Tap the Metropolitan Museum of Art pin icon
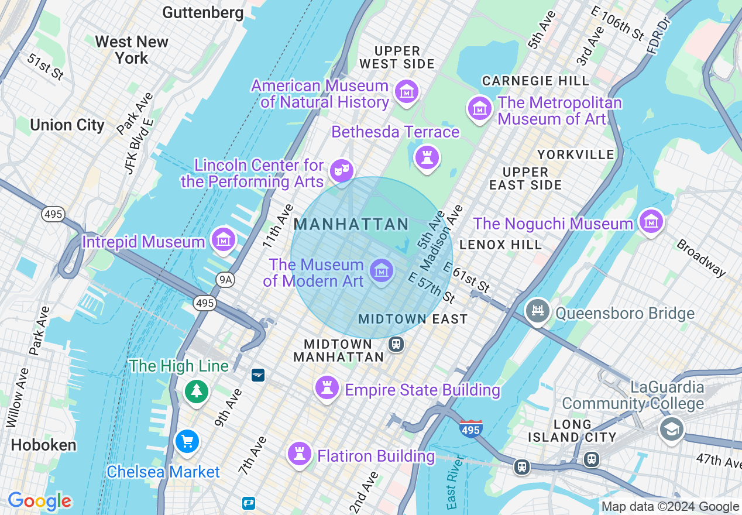(x=479, y=108)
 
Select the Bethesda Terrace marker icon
(x=427, y=157)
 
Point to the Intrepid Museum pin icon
(x=224, y=239)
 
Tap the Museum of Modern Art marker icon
(x=382, y=271)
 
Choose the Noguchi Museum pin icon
(x=651, y=221)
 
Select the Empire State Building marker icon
(x=327, y=387)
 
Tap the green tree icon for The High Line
(x=196, y=390)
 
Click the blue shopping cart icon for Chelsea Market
(x=187, y=441)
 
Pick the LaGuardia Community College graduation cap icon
(x=671, y=429)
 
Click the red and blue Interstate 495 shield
(x=470, y=428)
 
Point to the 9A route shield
(x=225, y=280)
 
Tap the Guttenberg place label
(x=202, y=12)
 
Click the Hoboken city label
(x=43, y=445)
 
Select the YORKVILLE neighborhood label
(x=576, y=154)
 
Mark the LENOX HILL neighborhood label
(x=500, y=245)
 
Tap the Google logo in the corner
(x=39, y=501)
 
